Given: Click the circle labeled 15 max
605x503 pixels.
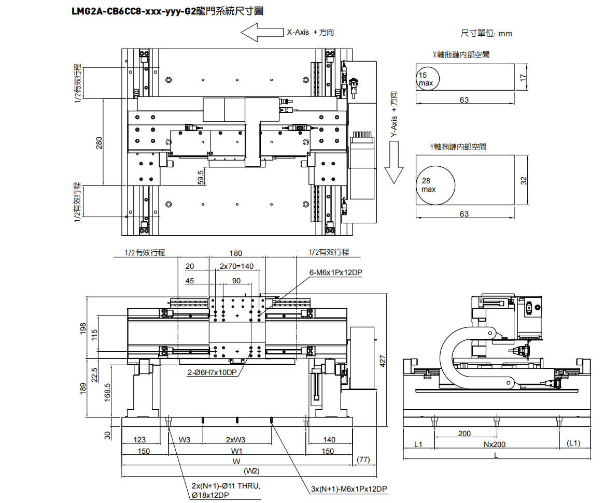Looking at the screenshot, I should pos(428,78).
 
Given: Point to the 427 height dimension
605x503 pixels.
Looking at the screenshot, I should pos(383,361).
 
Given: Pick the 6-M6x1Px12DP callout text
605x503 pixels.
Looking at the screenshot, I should pos(335,272).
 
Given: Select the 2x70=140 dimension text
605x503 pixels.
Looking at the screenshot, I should pos(236,266).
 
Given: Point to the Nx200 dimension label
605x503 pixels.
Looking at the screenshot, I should pos(496,444).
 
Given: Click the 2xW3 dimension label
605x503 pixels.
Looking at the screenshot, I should pos(236,440).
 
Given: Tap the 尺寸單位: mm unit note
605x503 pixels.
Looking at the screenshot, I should pos(486,34).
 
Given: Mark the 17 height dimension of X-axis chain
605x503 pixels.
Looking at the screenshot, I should pos(523,77).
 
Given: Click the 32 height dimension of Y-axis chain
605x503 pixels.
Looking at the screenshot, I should pos(523,180).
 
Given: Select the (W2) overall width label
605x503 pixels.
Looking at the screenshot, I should pos(251,471).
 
